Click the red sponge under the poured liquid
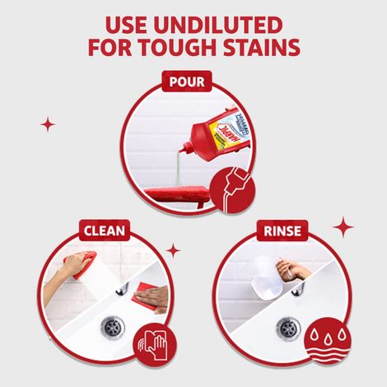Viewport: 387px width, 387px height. pos(177,193)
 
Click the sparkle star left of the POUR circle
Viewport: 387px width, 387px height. pos(49,124)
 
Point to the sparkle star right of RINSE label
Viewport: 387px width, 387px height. pos(343,226)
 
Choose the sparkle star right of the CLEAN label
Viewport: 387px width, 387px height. pos(173,249)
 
